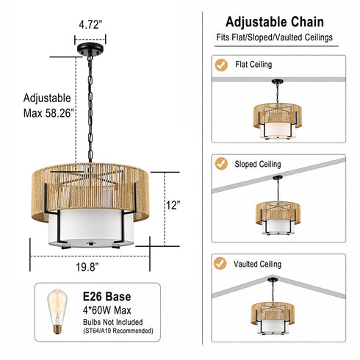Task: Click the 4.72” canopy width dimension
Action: pos(90,24)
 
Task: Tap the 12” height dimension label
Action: pos(173,205)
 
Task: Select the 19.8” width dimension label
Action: pos(87,267)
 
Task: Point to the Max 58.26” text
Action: pos(48,113)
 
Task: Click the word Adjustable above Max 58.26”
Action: pos(47,98)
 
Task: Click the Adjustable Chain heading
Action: pos(275,22)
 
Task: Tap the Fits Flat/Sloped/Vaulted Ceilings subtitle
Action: pos(274,37)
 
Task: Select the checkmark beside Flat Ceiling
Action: pos(221,65)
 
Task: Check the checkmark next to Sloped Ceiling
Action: pos(221,164)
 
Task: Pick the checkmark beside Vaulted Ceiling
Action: pos(220,263)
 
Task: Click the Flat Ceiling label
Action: pos(253,65)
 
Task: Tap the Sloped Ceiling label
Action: pos(258,164)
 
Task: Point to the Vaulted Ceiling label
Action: pos(257,264)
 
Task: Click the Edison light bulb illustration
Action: pos(57,312)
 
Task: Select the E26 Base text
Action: pos(107,297)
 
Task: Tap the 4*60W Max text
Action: pos(107,310)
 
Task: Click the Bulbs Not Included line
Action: pos(113,322)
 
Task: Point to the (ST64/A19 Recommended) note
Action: pos(118,331)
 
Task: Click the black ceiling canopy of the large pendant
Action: pos(90,48)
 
